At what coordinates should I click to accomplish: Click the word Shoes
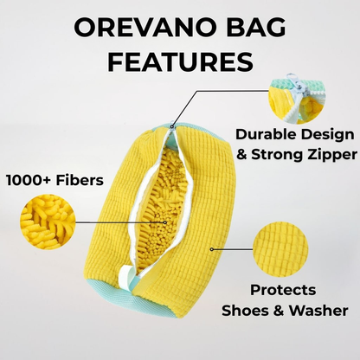point(248,309)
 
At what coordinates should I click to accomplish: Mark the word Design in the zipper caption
point(314,136)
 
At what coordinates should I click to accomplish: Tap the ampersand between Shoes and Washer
point(277,309)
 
